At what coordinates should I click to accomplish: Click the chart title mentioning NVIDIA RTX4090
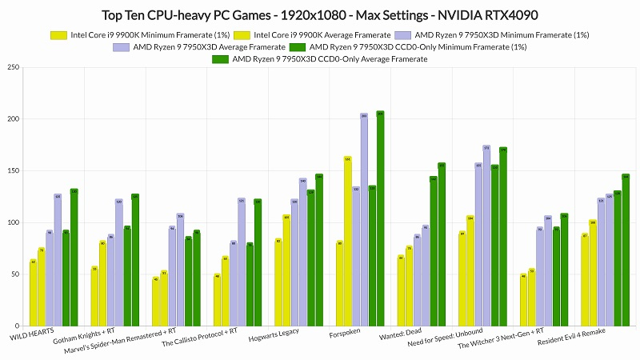[320, 15]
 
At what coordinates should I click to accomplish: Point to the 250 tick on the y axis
[14, 67]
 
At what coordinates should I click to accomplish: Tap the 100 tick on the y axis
[14, 222]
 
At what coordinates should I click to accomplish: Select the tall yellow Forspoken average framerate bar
[348, 241]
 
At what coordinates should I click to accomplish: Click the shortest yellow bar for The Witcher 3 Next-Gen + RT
[524, 301]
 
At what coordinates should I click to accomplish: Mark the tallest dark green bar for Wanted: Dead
[442, 244]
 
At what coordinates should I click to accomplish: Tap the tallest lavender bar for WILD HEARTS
[58, 259]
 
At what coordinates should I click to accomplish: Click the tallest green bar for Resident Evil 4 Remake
[626, 250]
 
